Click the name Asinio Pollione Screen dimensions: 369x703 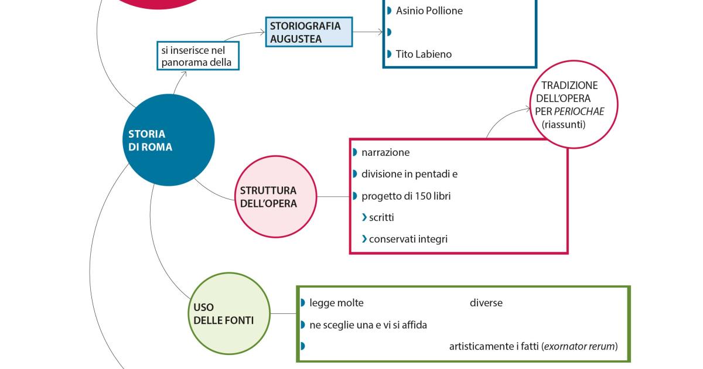(429, 11)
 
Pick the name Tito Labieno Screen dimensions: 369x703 (424, 54)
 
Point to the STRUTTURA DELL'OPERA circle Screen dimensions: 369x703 (275, 197)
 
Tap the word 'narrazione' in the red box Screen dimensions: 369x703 (385, 152)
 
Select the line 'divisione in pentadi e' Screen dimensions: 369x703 (409, 174)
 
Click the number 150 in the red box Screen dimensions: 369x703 (415, 196)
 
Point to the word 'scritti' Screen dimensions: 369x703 (381, 217)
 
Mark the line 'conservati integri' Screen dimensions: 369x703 (408, 239)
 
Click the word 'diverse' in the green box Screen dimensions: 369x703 (486, 303)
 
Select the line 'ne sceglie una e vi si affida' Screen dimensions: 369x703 (368, 325)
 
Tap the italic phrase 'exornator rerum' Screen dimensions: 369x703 (580, 347)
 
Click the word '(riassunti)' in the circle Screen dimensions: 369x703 (564, 125)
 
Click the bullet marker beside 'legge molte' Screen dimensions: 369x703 (303, 303)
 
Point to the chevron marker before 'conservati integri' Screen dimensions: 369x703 (364, 239)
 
